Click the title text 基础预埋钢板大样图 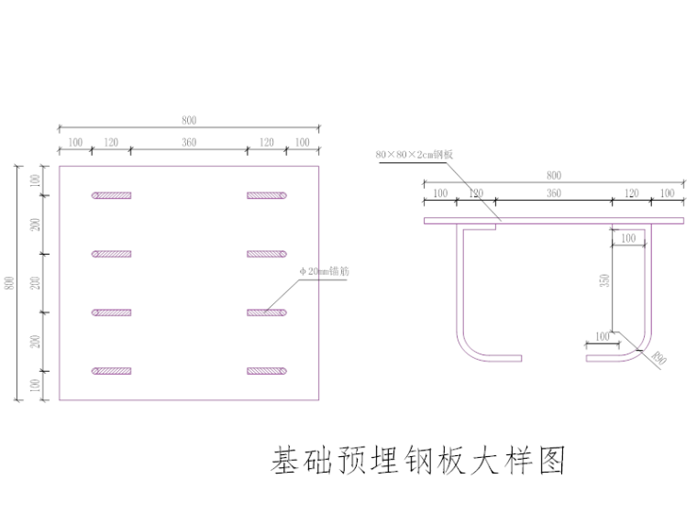click(x=417, y=461)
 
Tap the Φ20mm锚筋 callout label click(x=322, y=272)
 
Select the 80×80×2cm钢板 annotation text click(x=415, y=155)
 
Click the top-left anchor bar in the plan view click(x=112, y=195)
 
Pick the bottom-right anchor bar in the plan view click(x=268, y=371)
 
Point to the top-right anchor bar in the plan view click(x=268, y=195)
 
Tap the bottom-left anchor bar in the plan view click(x=112, y=371)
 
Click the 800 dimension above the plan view click(x=189, y=120)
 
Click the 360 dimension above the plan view click(x=189, y=142)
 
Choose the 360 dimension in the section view click(x=553, y=193)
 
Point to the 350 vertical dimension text click(x=603, y=280)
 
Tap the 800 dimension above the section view click(x=553, y=175)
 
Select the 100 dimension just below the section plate click(x=628, y=238)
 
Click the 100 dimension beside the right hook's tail click(x=602, y=336)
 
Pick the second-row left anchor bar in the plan click(x=112, y=254)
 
